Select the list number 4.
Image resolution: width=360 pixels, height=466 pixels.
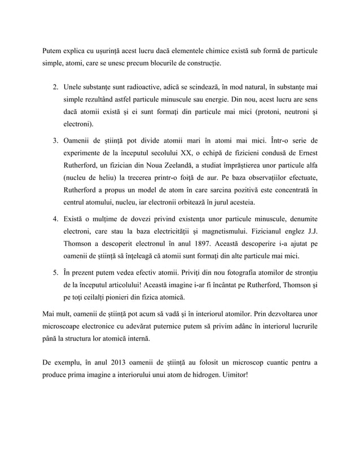coord(55,219)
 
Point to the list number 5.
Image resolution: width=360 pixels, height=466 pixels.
coord(55,271)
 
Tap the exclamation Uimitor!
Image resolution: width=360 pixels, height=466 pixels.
coord(230,375)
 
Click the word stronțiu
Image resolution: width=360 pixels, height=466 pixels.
coord(301,271)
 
